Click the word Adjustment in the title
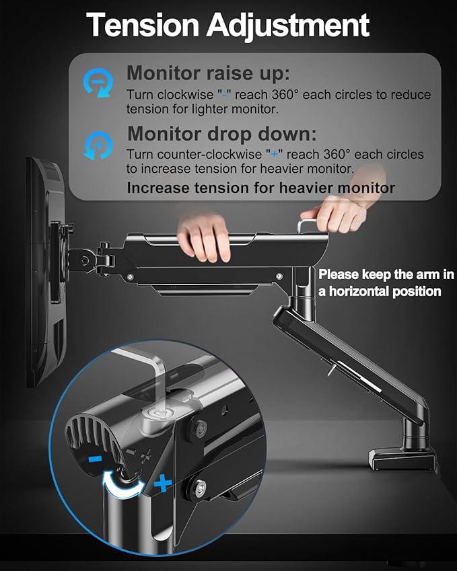point(288,26)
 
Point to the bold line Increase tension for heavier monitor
point(260,188)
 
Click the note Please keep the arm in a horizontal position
point(386,282)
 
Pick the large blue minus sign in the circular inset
point(95,459)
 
